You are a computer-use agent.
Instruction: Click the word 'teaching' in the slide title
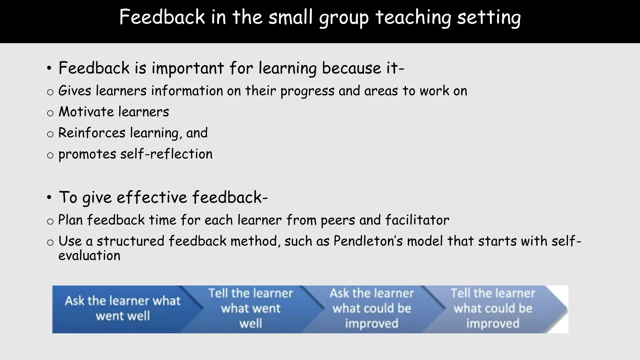click(413, 17)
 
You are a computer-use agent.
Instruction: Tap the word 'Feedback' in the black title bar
click(162, 17)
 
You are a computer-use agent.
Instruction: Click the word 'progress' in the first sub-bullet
click(307, 91)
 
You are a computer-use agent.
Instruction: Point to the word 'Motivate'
click(86, 112)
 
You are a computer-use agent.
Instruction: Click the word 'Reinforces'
click(92, 133)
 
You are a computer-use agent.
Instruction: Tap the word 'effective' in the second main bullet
click(152, 197)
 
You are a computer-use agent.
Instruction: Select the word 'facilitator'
click(417, 220)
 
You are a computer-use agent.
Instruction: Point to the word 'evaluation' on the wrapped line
click(89, 256)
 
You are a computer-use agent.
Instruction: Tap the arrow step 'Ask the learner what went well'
click(122, 308)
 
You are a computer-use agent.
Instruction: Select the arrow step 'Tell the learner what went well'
click(251, 308)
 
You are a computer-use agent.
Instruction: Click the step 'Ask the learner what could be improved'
click(372, 308)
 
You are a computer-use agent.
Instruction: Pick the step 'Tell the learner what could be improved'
click(493, 308)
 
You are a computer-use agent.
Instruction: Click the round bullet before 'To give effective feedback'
click(49, 197)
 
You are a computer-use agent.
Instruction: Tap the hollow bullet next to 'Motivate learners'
click(50, 113)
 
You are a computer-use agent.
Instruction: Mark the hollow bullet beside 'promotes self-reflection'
click(50, 155)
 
